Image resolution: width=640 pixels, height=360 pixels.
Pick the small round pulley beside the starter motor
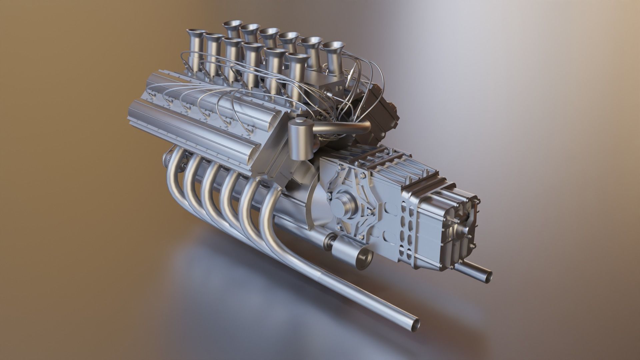pos(330,242)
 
